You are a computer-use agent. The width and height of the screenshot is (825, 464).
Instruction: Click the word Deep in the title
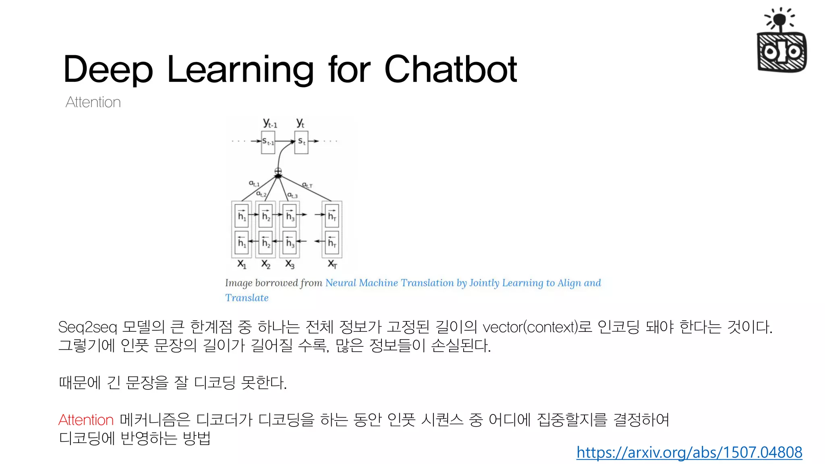click(x=108, y=70)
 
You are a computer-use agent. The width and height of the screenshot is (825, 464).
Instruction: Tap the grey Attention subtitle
click(x=93, y=102)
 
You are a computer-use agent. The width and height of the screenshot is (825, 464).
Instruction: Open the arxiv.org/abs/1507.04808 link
click(x=689, y=452)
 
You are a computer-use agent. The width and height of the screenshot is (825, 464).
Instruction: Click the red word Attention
click(x=86, y=420)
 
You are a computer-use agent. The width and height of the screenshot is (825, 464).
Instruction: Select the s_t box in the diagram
click(x=301, y=142)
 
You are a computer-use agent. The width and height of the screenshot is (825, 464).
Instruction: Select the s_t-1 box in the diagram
click(x=268, y=142)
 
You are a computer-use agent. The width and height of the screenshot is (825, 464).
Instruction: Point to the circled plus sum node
click(x=278, y=171)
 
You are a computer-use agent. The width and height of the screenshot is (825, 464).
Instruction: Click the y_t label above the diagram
click(x=300, y=123)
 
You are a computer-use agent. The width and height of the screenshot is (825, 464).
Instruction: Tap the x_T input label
click(x=332, y=264)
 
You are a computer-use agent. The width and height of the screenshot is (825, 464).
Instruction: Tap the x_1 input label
click(x=241, y=264)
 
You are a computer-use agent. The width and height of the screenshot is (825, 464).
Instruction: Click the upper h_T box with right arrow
click(x=332, y=215)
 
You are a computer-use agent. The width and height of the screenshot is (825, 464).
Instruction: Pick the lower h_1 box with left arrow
click(x=241, y=242)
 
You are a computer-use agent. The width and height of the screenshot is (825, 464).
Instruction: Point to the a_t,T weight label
click(x=307, y=185)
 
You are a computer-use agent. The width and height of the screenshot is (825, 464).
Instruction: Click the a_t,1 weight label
click(x=254, y=183)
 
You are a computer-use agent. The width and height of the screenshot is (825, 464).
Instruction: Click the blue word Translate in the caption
click(x=247, y=298)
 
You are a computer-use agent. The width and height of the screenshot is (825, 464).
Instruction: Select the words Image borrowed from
click(x=274, y=283)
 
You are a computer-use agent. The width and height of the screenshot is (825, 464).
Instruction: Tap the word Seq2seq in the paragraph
click(x=87, y=327)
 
